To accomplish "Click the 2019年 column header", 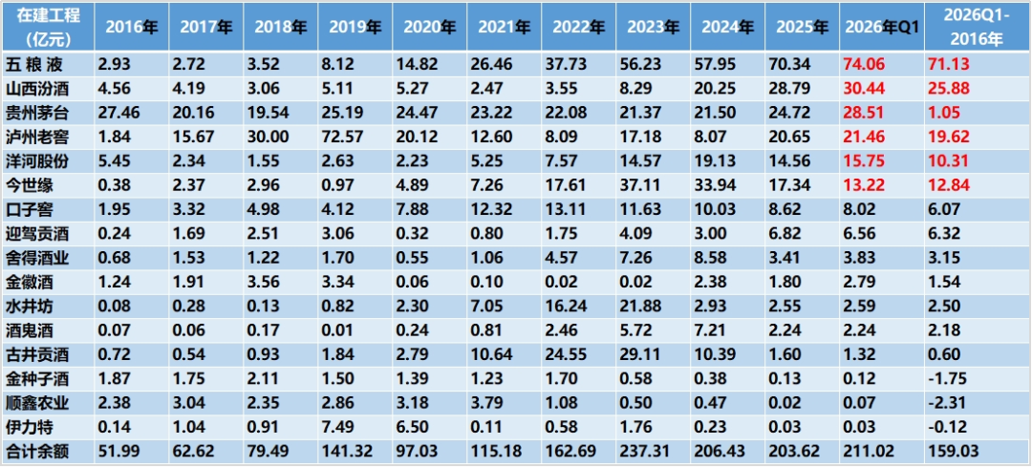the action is click(x=355, y=27).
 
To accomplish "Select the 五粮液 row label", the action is click(x=32, y=64).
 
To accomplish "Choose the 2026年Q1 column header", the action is click(x=882, y=27).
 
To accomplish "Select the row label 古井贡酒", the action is click(x=37, y=355).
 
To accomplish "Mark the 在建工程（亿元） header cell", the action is click(x=48, y=27).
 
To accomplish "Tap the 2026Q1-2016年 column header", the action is click(x=978, y=27).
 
